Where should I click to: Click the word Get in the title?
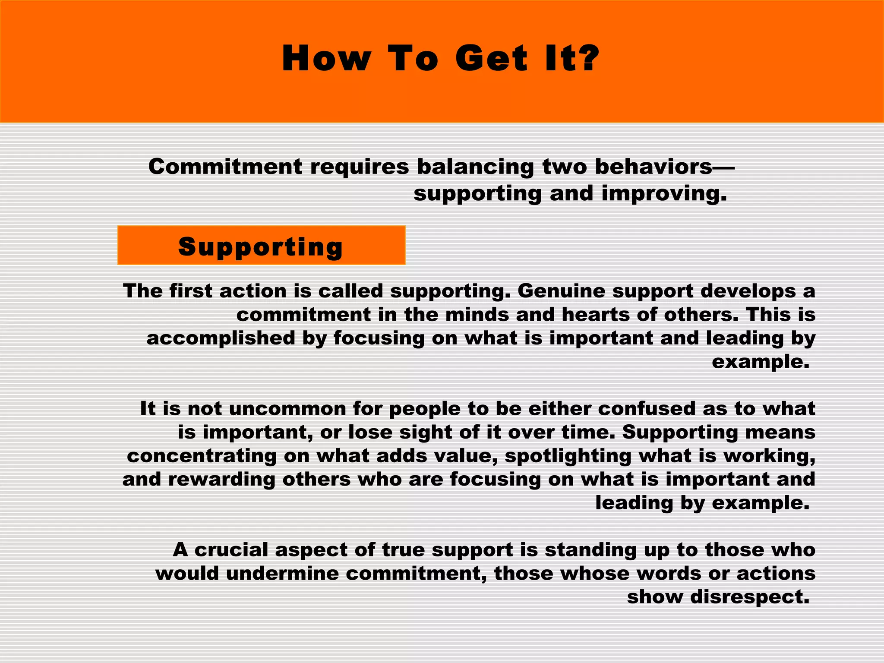[x=491, y=59]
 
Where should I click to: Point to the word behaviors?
[x=654, y=167]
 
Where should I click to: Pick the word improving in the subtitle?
[x=664, y=194]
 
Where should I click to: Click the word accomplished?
[x=221, y=338]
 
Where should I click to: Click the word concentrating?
[x=202, y=456]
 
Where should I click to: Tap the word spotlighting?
[x=568, y=456]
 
